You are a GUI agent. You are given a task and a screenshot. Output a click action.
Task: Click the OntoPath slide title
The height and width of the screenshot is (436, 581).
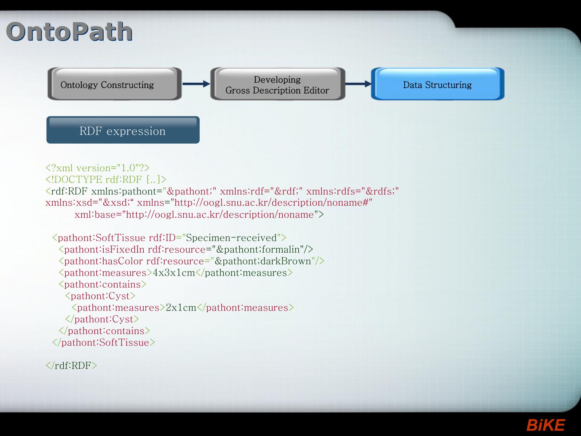coord(70,32)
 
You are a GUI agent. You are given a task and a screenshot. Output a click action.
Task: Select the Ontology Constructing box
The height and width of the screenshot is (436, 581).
coord(115,84)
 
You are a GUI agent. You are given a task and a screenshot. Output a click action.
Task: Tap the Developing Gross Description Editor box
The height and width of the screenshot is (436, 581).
coord(278,84)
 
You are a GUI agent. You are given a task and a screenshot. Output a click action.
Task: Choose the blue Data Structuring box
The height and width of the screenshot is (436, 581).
coord(438,84)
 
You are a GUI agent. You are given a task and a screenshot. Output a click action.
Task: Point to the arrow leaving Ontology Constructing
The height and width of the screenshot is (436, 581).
coord(196,84)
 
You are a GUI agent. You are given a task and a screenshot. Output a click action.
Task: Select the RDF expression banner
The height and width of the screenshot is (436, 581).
coord(123,130)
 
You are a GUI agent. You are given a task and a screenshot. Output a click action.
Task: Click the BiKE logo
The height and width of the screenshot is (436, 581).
coord(546,425)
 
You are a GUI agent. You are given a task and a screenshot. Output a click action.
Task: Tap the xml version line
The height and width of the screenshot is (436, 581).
coord(97,168)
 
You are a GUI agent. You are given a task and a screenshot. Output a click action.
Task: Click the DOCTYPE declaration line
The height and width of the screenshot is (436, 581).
coord(106,179)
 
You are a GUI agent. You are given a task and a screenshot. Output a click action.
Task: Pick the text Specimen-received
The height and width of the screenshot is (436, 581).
coord(231,238)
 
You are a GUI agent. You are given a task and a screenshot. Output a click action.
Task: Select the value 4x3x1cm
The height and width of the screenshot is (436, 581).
coord(174,273)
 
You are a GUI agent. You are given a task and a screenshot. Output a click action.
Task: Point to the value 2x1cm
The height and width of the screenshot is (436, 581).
coord(181,307)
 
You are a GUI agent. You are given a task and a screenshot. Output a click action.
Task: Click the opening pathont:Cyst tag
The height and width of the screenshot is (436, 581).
coord(100,296)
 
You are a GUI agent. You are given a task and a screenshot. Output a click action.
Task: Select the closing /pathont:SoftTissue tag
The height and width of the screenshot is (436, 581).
coord(103,342)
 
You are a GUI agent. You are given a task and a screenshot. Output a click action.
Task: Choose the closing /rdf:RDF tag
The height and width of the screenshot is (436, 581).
coord(71,365)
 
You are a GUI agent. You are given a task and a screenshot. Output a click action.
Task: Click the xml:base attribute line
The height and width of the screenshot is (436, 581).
coord(199,214)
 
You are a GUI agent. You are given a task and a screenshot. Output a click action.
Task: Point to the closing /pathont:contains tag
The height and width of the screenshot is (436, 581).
coord(104,331)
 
